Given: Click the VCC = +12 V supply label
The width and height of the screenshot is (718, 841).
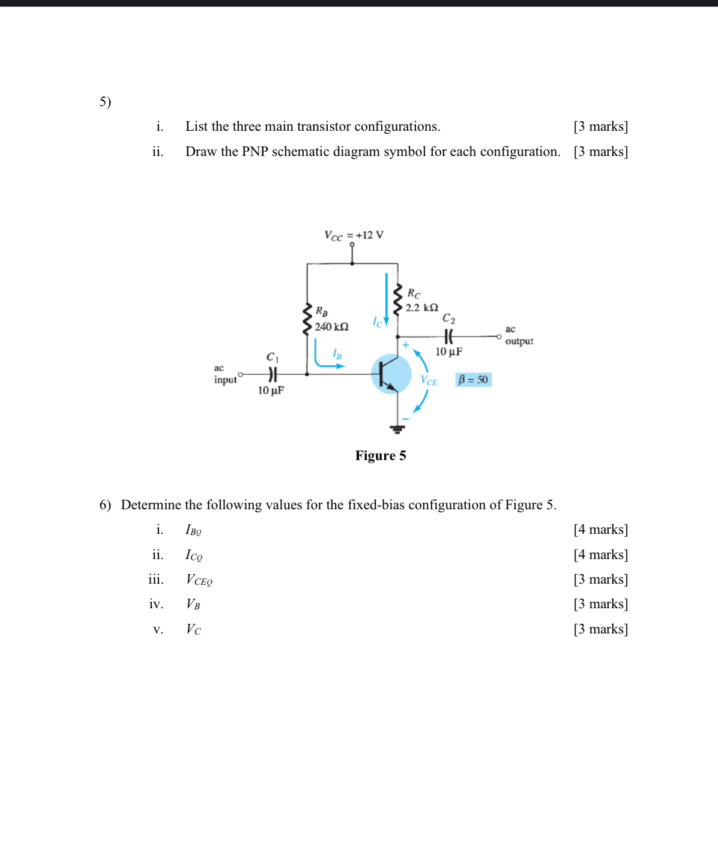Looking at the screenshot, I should [x=354, y=235].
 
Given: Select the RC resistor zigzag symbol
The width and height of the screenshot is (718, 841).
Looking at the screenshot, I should [x=397, y=299].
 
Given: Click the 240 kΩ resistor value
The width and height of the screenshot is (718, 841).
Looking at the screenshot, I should [x=331, y=327].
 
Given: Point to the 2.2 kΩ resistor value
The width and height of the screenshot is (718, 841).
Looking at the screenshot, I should [x=421, y=308].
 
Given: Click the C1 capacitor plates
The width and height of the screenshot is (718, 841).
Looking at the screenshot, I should [x=273, y=374].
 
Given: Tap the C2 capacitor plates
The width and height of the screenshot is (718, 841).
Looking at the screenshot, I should [x=448, y=337].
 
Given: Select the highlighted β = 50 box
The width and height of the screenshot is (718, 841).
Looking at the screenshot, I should [x=473, y=380].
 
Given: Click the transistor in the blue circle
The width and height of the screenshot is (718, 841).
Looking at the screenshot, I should [x=391, y=374].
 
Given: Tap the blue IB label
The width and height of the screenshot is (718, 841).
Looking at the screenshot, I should [x=337, y=355].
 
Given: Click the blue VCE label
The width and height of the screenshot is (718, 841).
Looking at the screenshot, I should [x=429, y=381].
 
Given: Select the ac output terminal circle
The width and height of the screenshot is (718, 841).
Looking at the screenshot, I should [x=499, y=337].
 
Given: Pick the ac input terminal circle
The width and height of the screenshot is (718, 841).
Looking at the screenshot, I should [x=241, y=374].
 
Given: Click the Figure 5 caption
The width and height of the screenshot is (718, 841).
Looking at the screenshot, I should [x=381, y=456].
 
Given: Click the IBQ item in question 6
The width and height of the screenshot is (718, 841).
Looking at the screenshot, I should [x=193, y=530].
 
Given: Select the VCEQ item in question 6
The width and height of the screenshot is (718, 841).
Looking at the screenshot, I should [x=199, y=580].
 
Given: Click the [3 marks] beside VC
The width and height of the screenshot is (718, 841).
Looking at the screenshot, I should [x=600, y=629].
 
